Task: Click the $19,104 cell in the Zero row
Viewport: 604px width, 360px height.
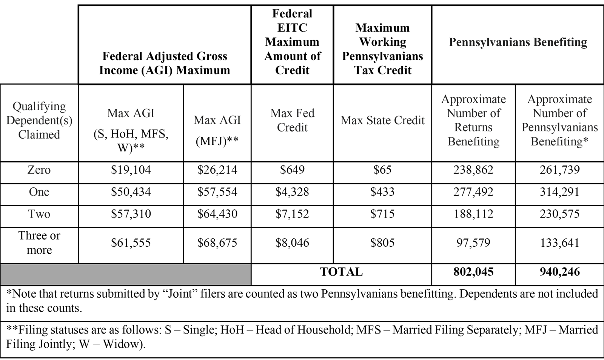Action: click(x=131, y=170)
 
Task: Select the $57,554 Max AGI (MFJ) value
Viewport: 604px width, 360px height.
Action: click(x=217, y=192)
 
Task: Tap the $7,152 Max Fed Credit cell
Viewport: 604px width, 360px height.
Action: click(x=292, y=214)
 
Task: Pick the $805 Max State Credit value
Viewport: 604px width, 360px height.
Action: click(x=382, y=243)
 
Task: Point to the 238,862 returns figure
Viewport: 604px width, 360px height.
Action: click(x=473, y=170)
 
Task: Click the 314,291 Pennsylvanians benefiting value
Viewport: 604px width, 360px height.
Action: click(x=559, y=192)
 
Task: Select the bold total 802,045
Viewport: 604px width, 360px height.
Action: click(x=473, y=272)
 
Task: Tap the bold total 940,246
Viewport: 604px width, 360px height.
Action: click(x=559, y=272)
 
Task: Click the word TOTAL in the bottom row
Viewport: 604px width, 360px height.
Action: click(x=341, y=272)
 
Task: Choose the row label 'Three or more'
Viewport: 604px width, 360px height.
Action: click(x=39, y=243)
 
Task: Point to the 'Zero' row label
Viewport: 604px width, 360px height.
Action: click(x=39, y=170)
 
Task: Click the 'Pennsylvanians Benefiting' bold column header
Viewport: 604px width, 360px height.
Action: click(x=518, y=42)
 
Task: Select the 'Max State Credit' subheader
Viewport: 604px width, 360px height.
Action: click(x=382, y=121)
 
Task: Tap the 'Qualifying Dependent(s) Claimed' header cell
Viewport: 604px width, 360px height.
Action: click(x=39, y=121)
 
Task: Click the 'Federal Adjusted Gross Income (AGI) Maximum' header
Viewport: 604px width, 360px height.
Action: click(x=165, y=63)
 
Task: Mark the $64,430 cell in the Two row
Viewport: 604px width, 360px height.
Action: click(x=217, y=214)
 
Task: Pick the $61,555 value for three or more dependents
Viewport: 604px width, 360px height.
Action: click(x=131, y=243)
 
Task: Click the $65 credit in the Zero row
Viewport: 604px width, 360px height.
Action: click(x=382, y=170)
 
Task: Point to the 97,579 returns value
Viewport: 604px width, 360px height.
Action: click(x=473, y=243)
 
